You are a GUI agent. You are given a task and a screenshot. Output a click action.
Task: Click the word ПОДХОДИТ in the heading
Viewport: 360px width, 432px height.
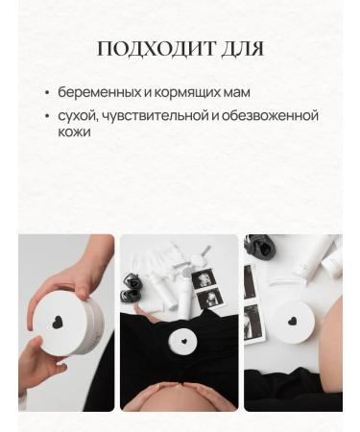(x=151, y=49)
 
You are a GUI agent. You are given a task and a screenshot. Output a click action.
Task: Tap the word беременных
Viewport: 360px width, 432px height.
(x=95, y=93)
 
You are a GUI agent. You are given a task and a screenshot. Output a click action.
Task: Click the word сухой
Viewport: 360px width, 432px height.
(x=77, y=116)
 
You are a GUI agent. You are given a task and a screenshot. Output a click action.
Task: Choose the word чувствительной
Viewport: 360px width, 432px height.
(x=150, y=116)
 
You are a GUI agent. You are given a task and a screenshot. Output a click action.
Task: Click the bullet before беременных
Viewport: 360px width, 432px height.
(x=48, y=94)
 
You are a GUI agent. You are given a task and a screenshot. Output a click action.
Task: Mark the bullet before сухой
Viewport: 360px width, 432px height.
(x=48, y=117)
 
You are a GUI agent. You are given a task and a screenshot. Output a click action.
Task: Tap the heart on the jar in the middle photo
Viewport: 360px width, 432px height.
(x=179, y=339)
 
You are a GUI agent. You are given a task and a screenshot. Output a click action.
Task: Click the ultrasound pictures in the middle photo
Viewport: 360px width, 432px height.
(x=207, y=289)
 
